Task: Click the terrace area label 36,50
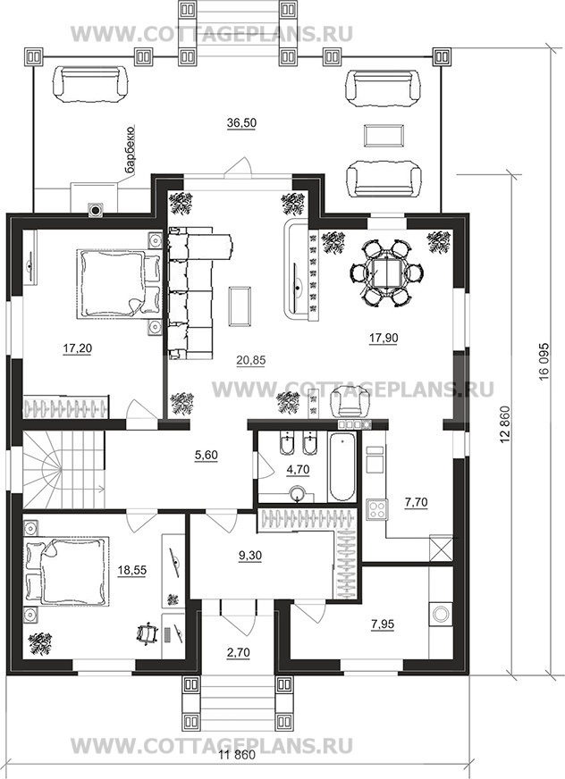click(x=241, y=123)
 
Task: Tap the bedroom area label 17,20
click(x=78, y=348)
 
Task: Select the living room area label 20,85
click(x=250, y=360)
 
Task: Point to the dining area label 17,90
click(x=383, y=338)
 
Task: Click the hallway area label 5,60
click(x=207, y=455)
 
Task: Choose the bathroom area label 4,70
click(x=298, y=468)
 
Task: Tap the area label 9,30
click(x=249, y=556)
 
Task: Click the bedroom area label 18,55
click(x=131, y=570)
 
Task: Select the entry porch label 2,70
click(x=238, y=652)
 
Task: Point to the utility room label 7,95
click(x=382, y=624)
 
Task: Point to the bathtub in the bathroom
click(x=342, y=467)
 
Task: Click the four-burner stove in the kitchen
click(x=376, y=509)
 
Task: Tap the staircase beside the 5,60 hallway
click(x=63, y=468)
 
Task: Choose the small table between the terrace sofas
click(x=383, y=135)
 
